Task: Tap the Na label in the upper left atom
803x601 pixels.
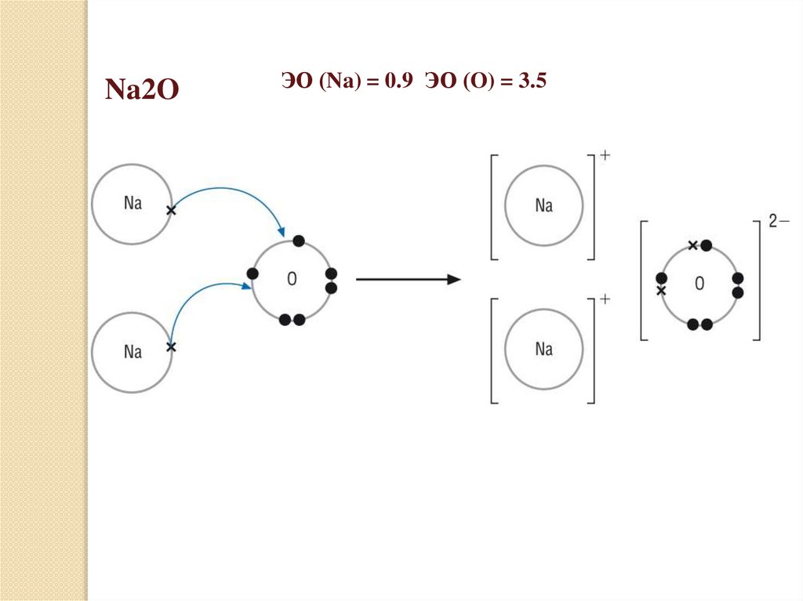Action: pyautogui.click(x=133, y=204)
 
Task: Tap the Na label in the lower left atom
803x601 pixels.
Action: pyautogui.click(x=133, y=352)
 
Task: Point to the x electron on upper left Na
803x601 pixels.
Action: pyautogui.click(x=172, y=211)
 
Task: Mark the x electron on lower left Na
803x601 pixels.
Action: pyautogui.click(x=172, y=346)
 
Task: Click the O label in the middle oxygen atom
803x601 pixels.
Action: pyautogui.click(x=292, y=279)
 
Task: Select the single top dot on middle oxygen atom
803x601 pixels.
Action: pyautogui.click(x=297, y=240)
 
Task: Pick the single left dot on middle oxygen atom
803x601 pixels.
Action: pyautogui.click(x=253, y=273)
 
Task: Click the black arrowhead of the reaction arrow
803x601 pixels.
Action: pyautogui.click(x=453, y=279)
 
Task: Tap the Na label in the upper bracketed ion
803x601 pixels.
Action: pyautogui.click(x=543, y=205)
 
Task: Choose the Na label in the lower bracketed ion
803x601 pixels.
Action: pyautogui.click(x=543, y=349)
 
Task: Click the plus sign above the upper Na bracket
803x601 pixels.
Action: pyautogui.click(x=605, y=155)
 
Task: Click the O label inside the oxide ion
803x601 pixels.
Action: pyautogui.click(x=699, y=284)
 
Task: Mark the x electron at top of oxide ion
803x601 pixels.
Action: pyautogui.click(x=692, y=245)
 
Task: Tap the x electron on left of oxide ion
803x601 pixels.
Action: pyautogui.click(x=661, y=291)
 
